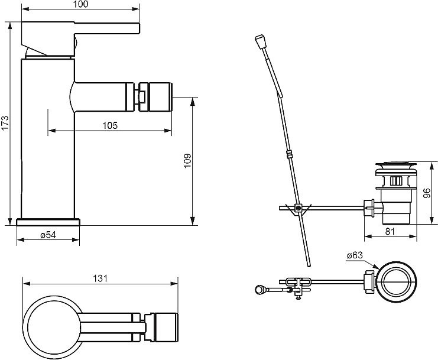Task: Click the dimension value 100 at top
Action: click(x=81, y=5)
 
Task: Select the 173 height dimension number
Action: click(x=5, y=123)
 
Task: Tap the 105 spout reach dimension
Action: click(x=110, y=125)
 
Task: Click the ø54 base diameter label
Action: click(x=48, y=235)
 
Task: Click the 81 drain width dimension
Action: click(x=390, y=232)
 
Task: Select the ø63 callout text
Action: click(x=355, y=255)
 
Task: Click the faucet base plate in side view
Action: click(x=48, y=222)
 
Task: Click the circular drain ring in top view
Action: click(x=397, y=281)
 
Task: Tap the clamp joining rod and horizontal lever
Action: click(x=300, y=207)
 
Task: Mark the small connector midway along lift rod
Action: click(x=290, y=155)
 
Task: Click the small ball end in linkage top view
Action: click(x=259, y=289)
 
